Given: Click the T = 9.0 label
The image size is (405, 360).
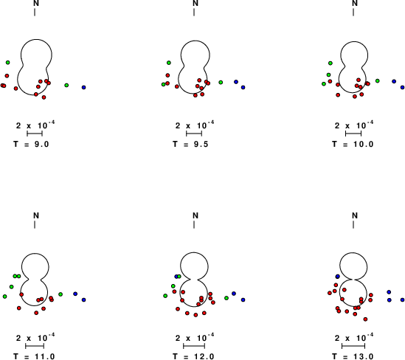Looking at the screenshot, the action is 31,144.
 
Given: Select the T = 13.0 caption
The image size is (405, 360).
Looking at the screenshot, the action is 353,356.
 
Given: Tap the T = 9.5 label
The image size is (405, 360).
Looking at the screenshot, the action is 190,144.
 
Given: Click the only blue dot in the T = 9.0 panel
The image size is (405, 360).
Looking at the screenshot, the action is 83,88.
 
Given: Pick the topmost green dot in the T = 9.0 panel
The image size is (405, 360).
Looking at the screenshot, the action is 8,63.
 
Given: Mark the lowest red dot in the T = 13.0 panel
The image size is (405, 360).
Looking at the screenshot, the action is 365,319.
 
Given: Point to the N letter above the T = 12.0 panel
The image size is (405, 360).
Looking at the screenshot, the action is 195,215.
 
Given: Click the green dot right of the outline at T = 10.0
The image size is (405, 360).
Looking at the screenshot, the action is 378,81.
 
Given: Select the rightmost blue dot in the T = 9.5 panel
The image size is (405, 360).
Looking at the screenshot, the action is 243,88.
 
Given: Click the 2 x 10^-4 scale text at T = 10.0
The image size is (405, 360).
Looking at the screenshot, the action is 354,125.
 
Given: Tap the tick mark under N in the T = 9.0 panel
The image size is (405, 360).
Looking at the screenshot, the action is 35,12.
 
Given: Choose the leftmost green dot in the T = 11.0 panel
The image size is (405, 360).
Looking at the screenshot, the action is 5,297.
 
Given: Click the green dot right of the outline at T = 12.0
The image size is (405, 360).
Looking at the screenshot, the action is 226,298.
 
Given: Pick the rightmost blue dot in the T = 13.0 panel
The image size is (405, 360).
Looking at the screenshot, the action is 402,300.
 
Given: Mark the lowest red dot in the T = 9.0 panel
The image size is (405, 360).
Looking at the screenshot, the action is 44,97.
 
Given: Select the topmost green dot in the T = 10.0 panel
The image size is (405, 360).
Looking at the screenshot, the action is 330,63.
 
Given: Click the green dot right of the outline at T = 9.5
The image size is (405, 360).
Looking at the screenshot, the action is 221,83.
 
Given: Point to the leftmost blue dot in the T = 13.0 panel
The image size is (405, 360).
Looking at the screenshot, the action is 337,277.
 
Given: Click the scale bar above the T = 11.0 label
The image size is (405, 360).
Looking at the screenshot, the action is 35,346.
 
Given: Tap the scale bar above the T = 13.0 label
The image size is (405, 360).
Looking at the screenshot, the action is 353,346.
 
